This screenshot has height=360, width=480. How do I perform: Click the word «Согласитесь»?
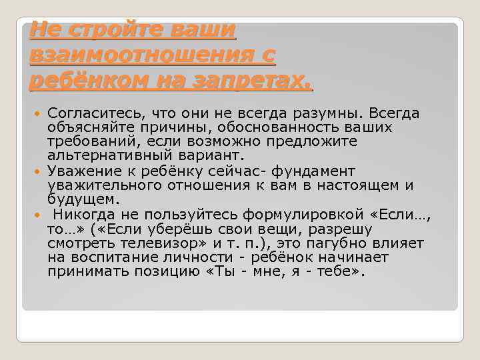point(96,113)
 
